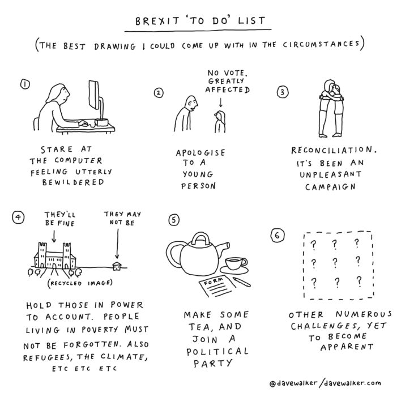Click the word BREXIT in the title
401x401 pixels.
click(x=157, y=21)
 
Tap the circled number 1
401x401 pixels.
click(x=25, y=84)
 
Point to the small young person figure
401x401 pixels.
click(x=220, y=122)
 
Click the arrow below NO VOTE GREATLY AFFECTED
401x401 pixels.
click(x=221, y=102)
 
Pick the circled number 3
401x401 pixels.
click(x=283, y=92)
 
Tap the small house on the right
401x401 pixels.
click(x=117, y=266)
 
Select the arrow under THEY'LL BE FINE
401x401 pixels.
click(x=54, y=236)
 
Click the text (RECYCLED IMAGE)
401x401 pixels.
click(x=80, y=283)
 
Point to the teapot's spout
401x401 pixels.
click(x=224, y=248)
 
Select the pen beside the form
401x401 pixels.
click(x=242, y=281)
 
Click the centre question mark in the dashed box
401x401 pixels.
click(x=335, y=262)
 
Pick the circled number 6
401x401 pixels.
click(x=278, y=236)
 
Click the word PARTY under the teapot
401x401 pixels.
click(x=213, y=363)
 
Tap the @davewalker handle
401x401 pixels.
click(x=293, y=383)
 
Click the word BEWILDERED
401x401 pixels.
click(x=73, y=182)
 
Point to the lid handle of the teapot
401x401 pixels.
click(x=200, y=238)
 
